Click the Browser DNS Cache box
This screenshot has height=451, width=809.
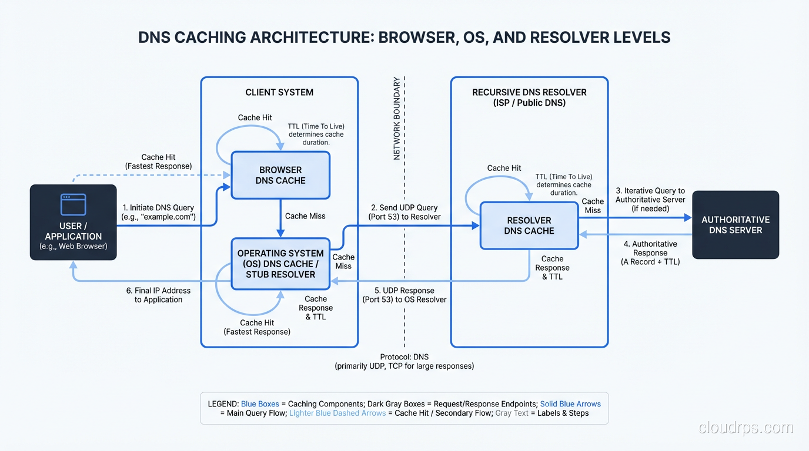coord(280,175)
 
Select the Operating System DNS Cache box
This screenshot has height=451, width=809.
coord(280,264)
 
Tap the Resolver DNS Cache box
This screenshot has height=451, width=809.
coord(529,225)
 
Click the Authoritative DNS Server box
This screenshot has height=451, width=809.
coord(736,225)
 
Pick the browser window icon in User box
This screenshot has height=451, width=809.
coord(73,204)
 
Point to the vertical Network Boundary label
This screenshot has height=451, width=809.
coord(397,118)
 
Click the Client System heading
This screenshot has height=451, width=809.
coord(279,92)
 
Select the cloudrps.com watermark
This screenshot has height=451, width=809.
coord(746,428)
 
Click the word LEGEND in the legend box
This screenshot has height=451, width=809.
coord(223,404)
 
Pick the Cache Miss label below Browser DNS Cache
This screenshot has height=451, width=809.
coord(305,216)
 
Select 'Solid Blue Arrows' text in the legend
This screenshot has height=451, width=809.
coord(570,404)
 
